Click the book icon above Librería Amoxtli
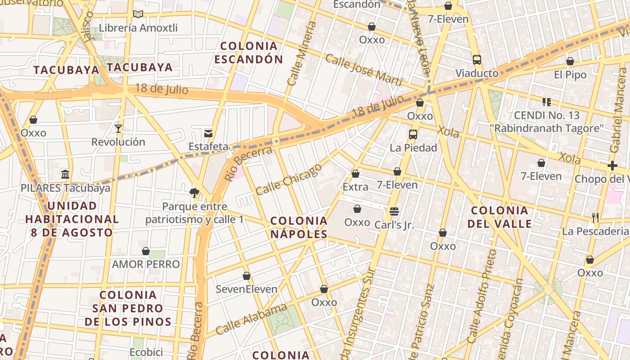click(x=138, y=14)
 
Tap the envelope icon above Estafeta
click(x=208, y=133)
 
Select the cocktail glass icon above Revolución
click(x=118, y=129)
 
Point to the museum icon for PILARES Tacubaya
click(x=65, y=174)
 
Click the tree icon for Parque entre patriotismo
click(x=194, y=193)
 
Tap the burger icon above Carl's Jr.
click(x=394, y=211)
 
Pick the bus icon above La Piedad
click(x=413, y=134)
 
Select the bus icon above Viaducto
click(x=477, y=60)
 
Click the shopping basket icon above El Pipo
click(x=570, y=61)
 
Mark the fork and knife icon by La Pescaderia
click(x=595, y=218)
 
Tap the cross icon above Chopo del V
click(x=612, y=166)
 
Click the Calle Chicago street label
click(x=289, y=179)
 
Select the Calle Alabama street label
click(x=251, y=319)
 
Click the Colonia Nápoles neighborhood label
click(x=299, y=227)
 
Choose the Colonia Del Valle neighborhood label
click(x=499, y=217)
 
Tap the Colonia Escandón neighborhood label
click(x=248, y=52)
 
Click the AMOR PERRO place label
click(x=146, y=264)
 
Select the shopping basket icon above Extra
click(x=355, y=174)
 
